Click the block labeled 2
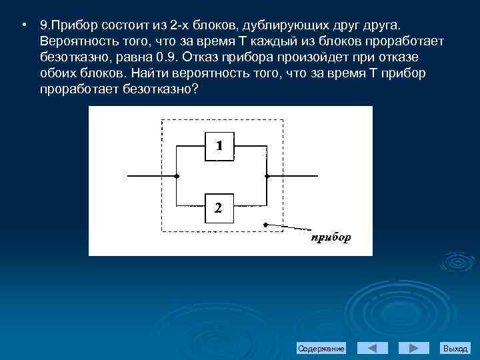(219, 207)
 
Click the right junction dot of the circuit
(267, 177)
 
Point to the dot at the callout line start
(266, 224)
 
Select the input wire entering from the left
(151, 177)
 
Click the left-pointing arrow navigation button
(373, 348)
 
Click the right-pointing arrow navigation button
(413, 348)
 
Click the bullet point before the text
(23, 25)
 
